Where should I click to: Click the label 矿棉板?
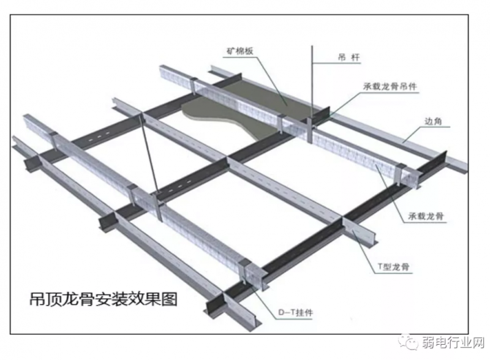(239, 51)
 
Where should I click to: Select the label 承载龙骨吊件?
(390, 86)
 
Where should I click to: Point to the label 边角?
(433, 121)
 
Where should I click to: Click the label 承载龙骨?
(426, 216)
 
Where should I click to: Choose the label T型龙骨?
(393, 266)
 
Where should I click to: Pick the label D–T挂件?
(295, 312)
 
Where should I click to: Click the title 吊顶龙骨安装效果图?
(103, 299)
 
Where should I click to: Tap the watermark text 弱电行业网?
(453, 343)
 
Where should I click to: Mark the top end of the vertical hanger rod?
(312, 46)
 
